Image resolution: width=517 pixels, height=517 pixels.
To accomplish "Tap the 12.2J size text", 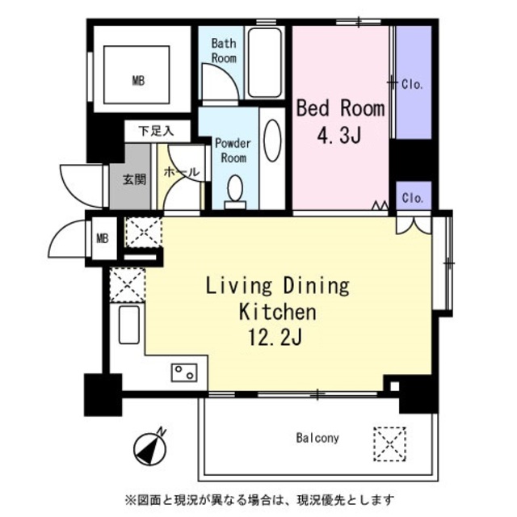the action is pyautogui.click(x=275, y=337).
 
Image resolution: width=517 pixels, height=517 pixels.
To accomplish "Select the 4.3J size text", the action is pyautogui.click(x=339, y=135).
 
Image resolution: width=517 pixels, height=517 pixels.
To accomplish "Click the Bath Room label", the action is pyautogui.click(x=224, y=50).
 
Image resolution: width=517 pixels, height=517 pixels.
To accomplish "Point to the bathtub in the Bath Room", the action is pyautogui.click(x=265, y=63).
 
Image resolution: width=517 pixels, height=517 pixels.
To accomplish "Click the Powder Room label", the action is pyautogui.click(x=233, y=150).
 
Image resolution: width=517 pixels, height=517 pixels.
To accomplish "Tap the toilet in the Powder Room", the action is pyautogui.click(x=235, y=192).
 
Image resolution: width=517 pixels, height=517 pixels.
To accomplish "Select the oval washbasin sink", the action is pyautogui.click(x=273, y=141).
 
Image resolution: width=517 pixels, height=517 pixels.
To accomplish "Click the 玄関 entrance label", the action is pyautogui.click(x=134, y=179).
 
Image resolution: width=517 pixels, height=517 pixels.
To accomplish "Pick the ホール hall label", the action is pyautogui.click(x=182, y=172).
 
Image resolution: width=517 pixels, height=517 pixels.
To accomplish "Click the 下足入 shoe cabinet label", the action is pyautogui.click(x=156, y=131).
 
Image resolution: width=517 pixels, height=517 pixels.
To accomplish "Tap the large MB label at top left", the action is pyautogui.click(x=138, y=81).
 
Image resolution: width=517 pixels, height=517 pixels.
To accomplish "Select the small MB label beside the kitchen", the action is pyautogui.click(x=103, y=238).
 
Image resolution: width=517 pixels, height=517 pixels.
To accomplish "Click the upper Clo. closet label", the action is pyautogui.click(x=412, y=85).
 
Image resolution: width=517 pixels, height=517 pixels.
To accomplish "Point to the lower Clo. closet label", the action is pyautogui.click(x=413, y=198).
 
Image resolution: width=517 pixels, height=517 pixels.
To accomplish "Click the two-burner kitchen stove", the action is pyautogui.click(x=184, y=372).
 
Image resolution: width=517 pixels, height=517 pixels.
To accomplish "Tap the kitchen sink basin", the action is pyautogui.click(x=129, y=325).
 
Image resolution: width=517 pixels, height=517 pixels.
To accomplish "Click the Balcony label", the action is pyautogui.click(x=317, y=438).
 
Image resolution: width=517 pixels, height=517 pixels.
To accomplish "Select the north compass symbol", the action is pyautogui.click(x=150, y=447).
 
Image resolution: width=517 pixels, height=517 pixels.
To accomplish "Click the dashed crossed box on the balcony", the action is pyautogui.click(x=389, y=443).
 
